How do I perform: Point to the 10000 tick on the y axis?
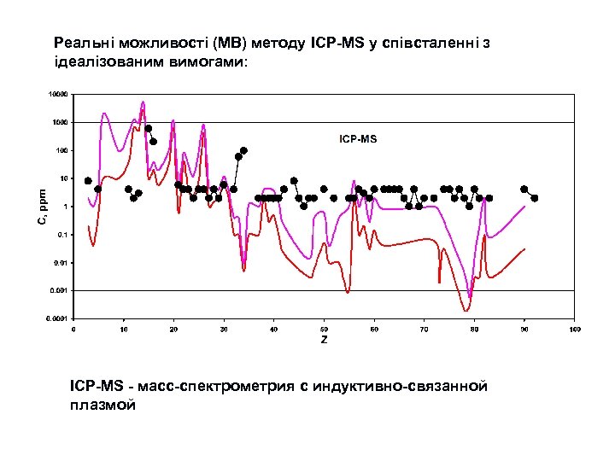click(56, 94)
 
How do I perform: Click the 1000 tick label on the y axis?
click(57, 122)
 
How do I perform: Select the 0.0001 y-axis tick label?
click(56, 319)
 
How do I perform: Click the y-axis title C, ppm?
click(42, 207)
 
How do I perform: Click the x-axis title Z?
click(324, 340)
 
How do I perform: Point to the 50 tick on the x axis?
click(325, 328)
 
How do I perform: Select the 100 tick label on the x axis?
click(575, 328)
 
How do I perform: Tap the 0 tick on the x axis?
click(73, 328)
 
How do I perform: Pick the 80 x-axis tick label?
click(475, 328)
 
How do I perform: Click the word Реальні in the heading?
click(81, 42)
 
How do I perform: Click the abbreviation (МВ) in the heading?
click(229, 42)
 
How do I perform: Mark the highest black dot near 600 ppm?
click(148, 129)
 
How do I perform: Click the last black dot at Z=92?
click(535, 198)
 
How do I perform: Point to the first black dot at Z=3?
click(88, 181)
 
